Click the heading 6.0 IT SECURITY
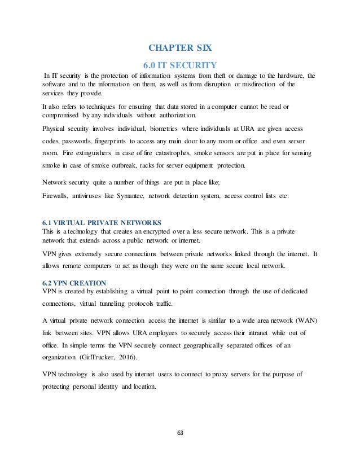180,63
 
